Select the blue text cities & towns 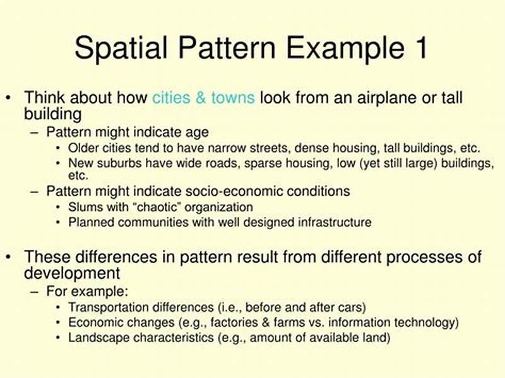click(203, 98)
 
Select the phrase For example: click(87, 292)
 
